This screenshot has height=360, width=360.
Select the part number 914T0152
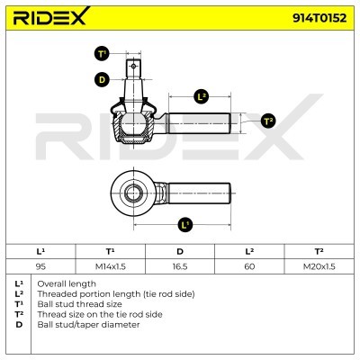[319, 18]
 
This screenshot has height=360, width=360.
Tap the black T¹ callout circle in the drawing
[103, 54]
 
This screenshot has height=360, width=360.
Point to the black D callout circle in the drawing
[103, 80]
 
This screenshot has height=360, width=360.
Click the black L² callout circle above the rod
[201, 96]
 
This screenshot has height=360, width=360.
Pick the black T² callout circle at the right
[268, 121]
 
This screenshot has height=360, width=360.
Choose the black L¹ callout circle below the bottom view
[185, 224]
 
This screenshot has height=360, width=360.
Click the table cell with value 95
[40, 266]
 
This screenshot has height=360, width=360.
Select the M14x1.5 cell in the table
[110, 266]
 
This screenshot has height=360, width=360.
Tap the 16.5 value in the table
[180, 266]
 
